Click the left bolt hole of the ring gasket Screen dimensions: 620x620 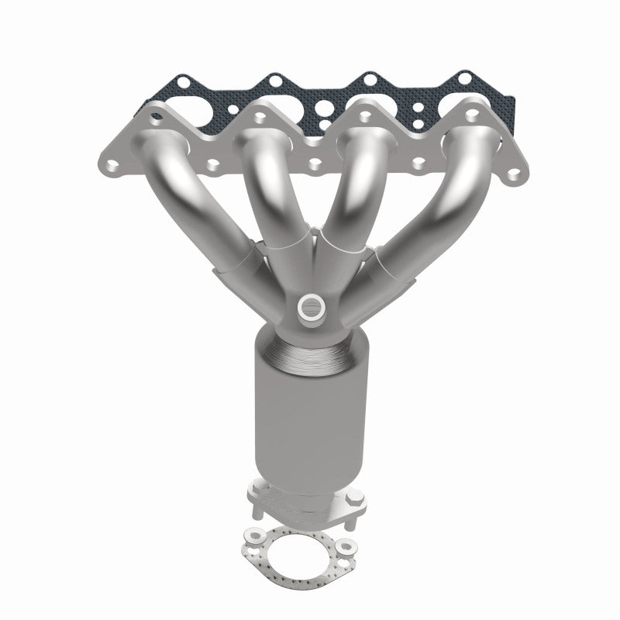pos(253,535)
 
